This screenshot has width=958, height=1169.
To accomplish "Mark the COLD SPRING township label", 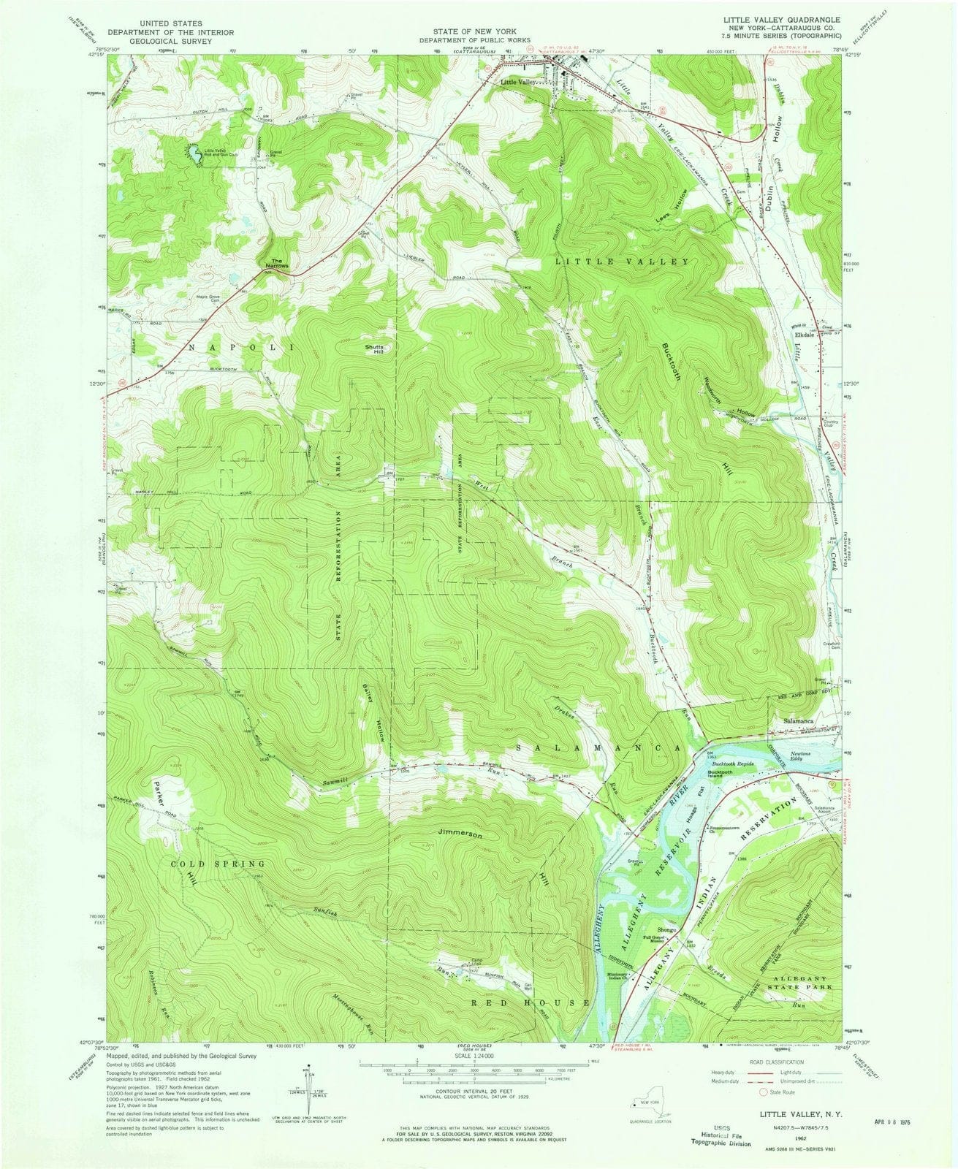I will pos(217,864).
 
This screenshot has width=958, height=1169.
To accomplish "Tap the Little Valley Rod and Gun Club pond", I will pos(196,155).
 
